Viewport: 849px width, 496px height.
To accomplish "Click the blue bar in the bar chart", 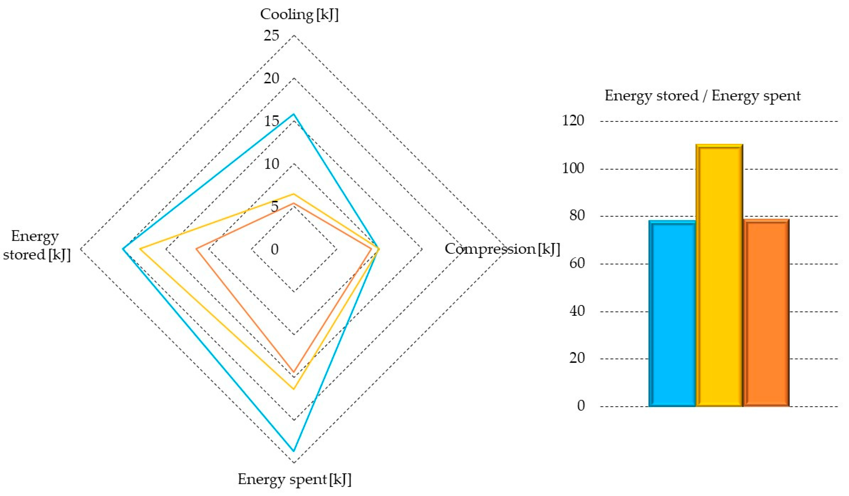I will click(x=672, y=314).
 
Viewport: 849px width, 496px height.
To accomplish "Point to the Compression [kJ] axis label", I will click(x=502, y=249).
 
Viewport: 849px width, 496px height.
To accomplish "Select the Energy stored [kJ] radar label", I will click(x=36, y=245).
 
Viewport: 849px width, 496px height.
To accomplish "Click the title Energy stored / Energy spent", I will click(x=703, y=96).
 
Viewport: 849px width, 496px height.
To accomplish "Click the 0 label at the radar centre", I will click(x=275, y=249).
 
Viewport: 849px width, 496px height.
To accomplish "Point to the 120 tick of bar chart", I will click(x=573, y=121).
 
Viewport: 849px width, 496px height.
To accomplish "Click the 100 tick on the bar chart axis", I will click(x=573, y=168).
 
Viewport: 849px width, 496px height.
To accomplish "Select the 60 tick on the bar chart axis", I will click(x=577, y=263).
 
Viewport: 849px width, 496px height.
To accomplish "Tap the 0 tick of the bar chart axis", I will click(x=581, y=406).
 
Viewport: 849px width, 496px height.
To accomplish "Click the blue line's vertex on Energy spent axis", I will click(x=294, y=451).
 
